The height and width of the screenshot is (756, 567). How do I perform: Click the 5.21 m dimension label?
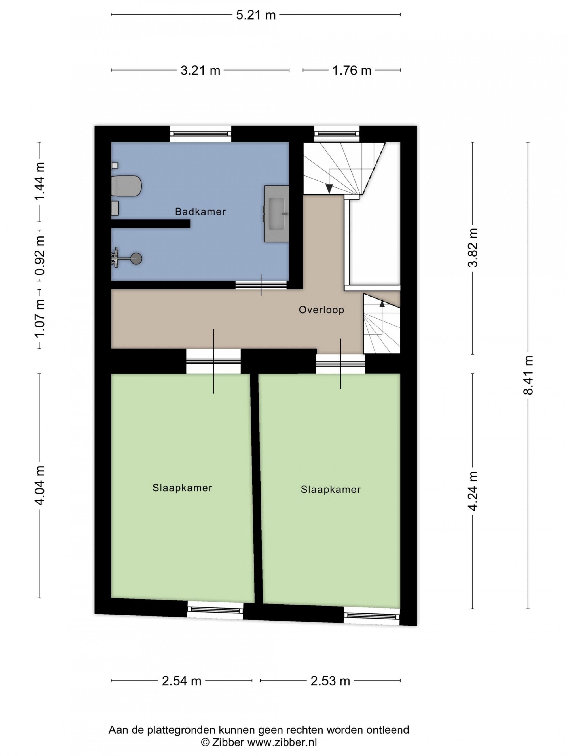(256, 15)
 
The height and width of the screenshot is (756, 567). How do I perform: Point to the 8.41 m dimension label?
(528, 375)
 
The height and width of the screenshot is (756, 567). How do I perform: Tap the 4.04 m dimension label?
(40, 485)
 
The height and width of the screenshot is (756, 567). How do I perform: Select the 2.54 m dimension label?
(181, 681)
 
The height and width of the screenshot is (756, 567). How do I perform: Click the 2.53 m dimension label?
(330, 681)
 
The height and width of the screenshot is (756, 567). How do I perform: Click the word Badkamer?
(200, 212)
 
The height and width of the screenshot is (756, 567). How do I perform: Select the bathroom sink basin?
(277, 214)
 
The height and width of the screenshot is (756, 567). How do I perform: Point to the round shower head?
(137, 259)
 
